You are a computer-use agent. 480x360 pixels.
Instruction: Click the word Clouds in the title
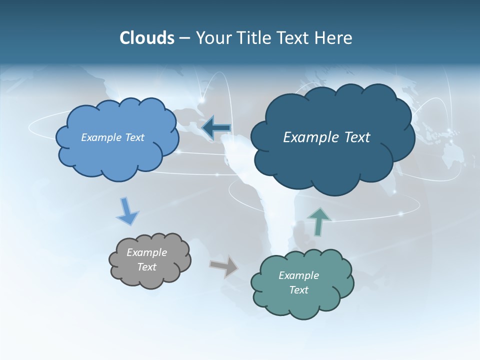pyautogui.click(x=147, y=38)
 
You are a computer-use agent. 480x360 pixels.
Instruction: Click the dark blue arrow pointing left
pyautogui.click(x=216, y=128)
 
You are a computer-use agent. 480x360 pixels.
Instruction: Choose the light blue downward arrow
pyautogui.click(x=127, y=211)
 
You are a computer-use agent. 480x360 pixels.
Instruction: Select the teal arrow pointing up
pyautogui.click(x=318, y=221)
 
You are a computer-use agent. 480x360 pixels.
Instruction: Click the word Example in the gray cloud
pyautogui.click(x=147, y=252)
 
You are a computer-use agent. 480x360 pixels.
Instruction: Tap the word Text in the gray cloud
pyautogui.click(x=147, y=267)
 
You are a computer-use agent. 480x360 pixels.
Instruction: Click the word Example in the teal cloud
pyautogui.click(x=298, y=275)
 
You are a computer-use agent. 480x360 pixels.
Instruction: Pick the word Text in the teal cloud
pyautogui.click(x=298, y=290)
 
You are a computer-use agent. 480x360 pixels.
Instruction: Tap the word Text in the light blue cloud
pyautogui.click(x=134, y=137)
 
